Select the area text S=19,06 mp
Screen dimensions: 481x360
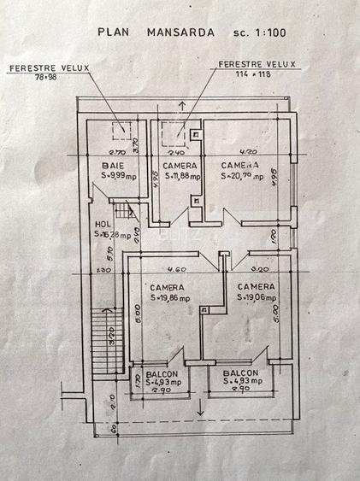point(257,297)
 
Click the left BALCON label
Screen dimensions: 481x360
point(162,374)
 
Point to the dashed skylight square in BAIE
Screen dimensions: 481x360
point(121,131)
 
